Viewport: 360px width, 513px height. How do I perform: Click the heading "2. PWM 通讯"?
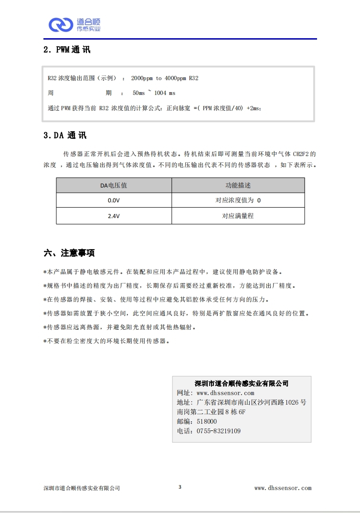point(66,50)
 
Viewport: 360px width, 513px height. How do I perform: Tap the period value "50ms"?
point(138,93)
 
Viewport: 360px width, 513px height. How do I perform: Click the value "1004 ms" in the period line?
point(165,93)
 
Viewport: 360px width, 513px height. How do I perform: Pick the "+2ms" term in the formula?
point(254,108)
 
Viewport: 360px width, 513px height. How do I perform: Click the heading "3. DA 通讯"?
point(65,136)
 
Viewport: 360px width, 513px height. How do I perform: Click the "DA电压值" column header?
point(113,185)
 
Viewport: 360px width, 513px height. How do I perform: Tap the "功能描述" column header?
point(238,185)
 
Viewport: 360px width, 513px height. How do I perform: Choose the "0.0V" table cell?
point(113,200)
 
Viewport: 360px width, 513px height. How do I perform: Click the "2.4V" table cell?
point(113,216)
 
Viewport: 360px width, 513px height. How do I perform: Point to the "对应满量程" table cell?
point(238,216)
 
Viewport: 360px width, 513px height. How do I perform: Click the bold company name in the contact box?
point(242,383)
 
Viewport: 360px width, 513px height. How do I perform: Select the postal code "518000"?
point(207,421)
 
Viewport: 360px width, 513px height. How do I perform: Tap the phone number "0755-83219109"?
point(219,431)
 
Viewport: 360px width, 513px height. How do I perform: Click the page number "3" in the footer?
point(180,487)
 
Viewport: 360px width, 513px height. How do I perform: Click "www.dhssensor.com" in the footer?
point(283,488)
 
